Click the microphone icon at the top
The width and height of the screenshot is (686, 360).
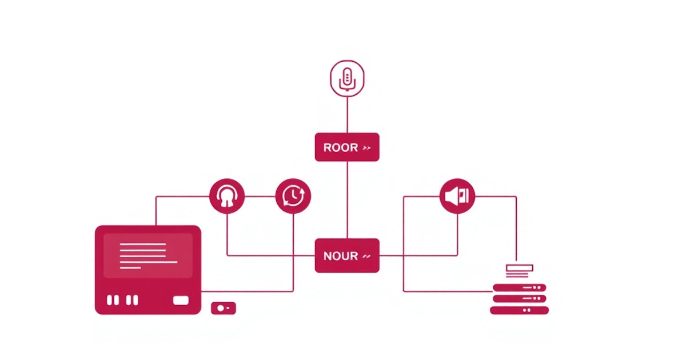[346, 78]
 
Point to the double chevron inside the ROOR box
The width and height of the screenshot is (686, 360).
[366, 148]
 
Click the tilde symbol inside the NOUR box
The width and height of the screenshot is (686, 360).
[366, 256]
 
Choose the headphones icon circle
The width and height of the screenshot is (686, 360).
[227, 196]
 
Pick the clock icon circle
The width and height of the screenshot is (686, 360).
[293, 196]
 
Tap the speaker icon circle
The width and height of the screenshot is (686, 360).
[457, 196]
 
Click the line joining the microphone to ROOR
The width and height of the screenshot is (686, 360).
[347, 114]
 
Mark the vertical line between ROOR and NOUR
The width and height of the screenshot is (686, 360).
[347, 200]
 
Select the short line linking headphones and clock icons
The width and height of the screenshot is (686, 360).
[260, 197]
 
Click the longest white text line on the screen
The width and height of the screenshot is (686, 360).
[149, 262]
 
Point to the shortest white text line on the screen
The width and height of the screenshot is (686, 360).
[130, 267]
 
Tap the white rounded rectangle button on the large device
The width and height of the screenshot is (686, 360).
[181, 300]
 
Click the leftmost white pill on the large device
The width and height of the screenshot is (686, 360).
[110, 300]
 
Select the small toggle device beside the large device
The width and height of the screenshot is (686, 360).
[223, 308]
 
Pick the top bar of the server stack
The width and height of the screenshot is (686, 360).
[519, 287]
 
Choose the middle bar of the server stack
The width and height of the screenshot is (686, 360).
[519, 298]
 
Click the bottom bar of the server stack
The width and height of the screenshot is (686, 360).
[519, 310]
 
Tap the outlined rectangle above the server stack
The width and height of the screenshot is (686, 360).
[519, 267]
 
